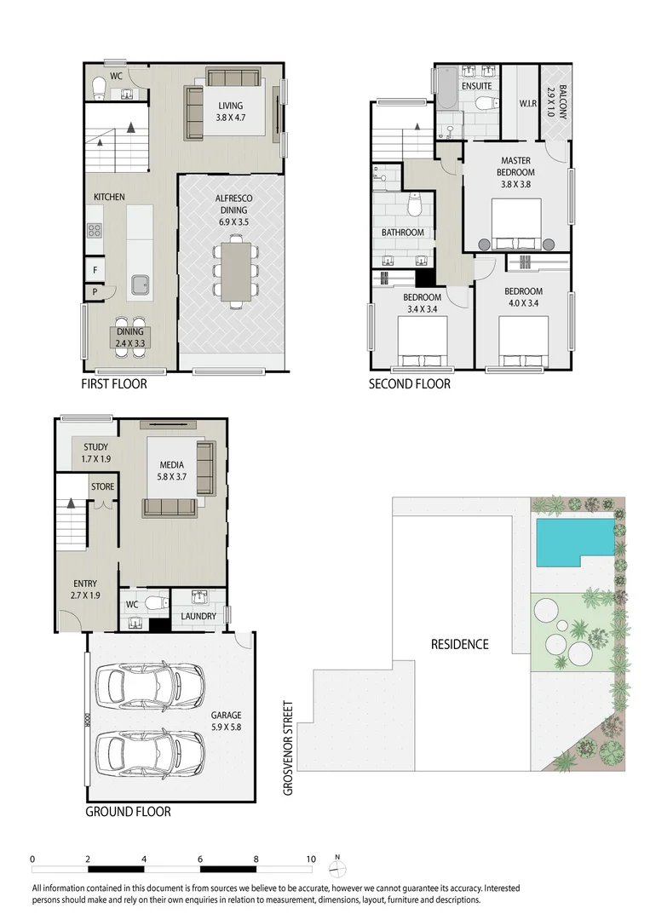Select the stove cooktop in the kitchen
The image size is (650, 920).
95,230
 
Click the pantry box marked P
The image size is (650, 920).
94,292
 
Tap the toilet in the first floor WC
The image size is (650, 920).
99,86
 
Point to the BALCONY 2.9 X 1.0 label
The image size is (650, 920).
555,101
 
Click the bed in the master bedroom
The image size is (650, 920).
515,224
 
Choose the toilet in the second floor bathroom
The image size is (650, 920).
416,205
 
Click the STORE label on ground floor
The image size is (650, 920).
102,487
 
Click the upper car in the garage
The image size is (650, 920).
137,686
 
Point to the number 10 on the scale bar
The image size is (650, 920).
311,859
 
